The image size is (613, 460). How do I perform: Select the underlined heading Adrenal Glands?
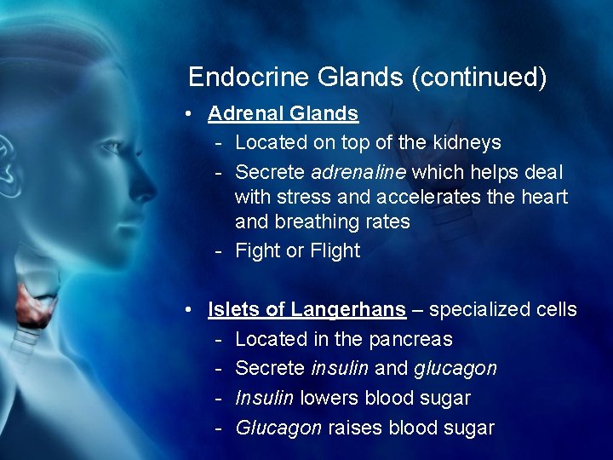point(283,113)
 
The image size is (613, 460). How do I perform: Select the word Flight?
point(335,250)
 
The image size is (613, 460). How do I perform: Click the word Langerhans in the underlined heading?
point(348,309)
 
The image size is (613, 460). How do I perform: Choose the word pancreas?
point(410,339)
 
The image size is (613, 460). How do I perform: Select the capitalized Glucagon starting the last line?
point(278,428)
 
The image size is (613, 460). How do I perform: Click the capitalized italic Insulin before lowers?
point(264,398)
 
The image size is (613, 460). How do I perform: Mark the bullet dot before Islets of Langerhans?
point(195,310)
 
